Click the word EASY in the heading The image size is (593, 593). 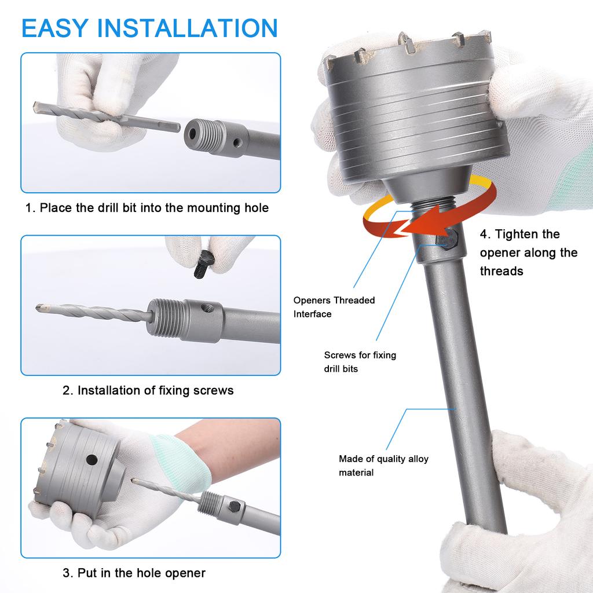(x=54, y=28)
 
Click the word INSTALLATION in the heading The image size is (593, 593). (x=188, y=28)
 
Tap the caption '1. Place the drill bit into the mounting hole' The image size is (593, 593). (x=147, y=208)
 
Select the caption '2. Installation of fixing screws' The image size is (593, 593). (x=148, y=390)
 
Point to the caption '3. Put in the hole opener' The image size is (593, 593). (x=134, y=573)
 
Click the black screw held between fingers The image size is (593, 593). (x=204, y=264)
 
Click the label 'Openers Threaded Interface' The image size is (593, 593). (x=334, y=307)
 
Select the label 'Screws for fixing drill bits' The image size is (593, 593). (x=360, y=361)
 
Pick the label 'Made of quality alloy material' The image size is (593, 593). (x=383, y=466)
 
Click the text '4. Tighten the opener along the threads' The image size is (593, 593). (x=529, y=252)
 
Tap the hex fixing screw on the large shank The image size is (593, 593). (x=448, y=239)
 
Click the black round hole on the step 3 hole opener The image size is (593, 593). (x=92, y=460)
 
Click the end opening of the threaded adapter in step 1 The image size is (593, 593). (x=192, y=134)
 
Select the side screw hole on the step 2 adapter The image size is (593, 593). (x=207, y=308)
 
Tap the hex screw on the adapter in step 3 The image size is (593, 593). (x=233, y=506)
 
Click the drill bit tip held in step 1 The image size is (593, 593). (x=36, y=107)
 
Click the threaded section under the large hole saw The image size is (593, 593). (x=433, y=207)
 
